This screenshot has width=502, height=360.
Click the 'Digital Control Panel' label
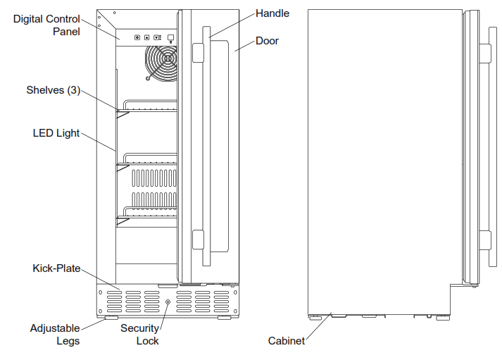[x=46, y=25]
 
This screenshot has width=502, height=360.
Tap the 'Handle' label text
[x=272, y=13]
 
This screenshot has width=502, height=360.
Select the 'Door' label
[x=267, y=41]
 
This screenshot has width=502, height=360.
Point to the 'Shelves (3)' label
[x=53, y=90]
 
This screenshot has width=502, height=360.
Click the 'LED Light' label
[x=56, y=132]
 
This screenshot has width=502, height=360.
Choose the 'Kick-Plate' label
[x=56, y=268]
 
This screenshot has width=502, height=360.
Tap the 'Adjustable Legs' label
[x=55, y=335]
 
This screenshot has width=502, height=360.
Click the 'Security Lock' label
[x=139, y=335]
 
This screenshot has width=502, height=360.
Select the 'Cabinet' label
[x=287, y=341]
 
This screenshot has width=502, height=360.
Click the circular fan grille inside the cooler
[x=161, y=62]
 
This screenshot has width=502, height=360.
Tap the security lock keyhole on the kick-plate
[x=168, y=302]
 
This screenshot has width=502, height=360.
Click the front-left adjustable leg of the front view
[x=111, y=318]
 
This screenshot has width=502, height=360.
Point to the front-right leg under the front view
[x=224, y=318]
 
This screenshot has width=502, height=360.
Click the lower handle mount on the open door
[x=198, y=240]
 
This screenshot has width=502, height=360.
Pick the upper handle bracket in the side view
[x=484, y=53]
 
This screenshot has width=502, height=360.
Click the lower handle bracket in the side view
[x=484, y=240]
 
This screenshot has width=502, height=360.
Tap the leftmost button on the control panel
[x=137, y=37]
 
